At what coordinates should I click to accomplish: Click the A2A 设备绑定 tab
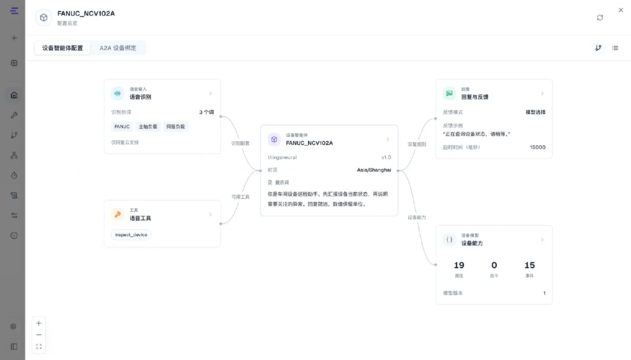[118, 48]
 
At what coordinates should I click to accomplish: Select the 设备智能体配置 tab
[62, 48]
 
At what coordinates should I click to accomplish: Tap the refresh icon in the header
[600, 18]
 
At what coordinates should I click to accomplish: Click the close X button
[621, 10]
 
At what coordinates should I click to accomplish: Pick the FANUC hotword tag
[122, 127]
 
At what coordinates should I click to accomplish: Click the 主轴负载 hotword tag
[148, 127]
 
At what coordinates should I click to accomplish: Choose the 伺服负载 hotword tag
[175, 127]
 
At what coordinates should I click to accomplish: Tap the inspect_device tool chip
[131, 235]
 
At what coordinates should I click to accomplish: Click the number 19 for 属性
[459, 265]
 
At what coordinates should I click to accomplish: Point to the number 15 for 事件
[530, 265]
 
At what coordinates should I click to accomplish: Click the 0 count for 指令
[494, 265]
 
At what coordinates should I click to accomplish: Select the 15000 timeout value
[537, 147]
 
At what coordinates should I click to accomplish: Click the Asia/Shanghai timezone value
[374, 170]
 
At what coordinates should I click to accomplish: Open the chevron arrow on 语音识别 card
[210, 94]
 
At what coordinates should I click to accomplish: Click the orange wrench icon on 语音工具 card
[118, 215]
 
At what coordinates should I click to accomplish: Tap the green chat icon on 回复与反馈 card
[449, 94]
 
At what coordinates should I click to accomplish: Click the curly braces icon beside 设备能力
[449, 240]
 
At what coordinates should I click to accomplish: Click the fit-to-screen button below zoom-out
[39, 346]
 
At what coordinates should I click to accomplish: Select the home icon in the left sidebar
[14, 95]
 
